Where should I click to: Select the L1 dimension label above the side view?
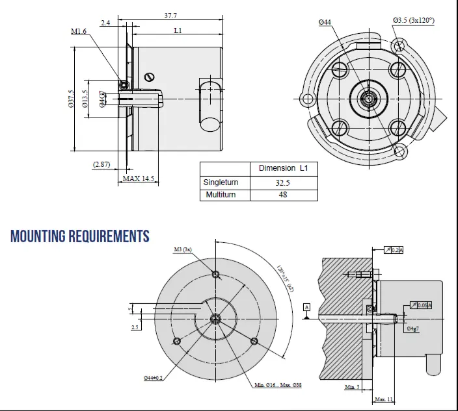(178, 31)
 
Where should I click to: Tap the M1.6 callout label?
(79, 31)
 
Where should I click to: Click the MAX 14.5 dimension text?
(138, 178)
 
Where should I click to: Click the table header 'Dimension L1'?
(283, 168)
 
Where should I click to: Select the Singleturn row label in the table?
(221, 182)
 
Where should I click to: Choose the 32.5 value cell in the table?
(283, 182)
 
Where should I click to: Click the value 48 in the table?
(283, 195)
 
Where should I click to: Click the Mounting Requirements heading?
(79, 236)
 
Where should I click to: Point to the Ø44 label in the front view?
(325, 23)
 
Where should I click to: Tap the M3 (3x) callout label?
(182, 249)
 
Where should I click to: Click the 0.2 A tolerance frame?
(394, 250)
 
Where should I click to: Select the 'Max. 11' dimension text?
(383, 399)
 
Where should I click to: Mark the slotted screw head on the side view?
(150, 77)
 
